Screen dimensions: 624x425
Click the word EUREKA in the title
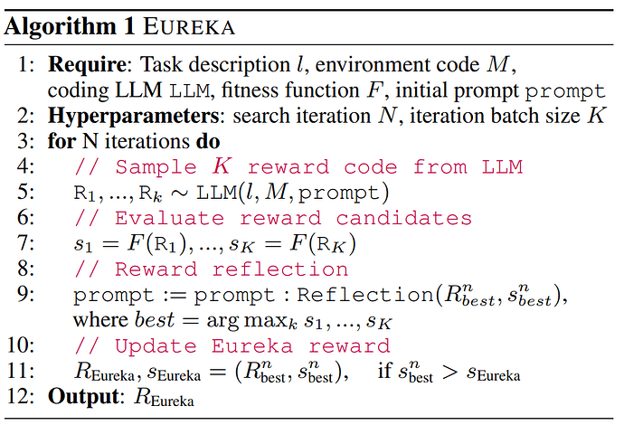pos(189,27)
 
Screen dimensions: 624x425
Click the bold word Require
pos(87,65)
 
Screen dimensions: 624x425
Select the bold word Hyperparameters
pos(133,117)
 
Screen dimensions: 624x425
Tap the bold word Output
pos(83,397)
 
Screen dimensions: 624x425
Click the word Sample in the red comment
pos(156,167)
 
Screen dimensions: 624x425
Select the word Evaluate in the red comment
pos(169,219)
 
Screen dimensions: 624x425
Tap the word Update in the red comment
pos(156,346)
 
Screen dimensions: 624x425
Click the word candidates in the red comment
pos(404,219)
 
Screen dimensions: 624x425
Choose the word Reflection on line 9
pos(365,296)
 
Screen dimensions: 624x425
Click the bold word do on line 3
pos(208,141)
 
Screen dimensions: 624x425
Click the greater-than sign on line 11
pos(449,372)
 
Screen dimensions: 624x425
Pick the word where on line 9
pos(100,320)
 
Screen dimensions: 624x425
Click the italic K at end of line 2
pos(597,116)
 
